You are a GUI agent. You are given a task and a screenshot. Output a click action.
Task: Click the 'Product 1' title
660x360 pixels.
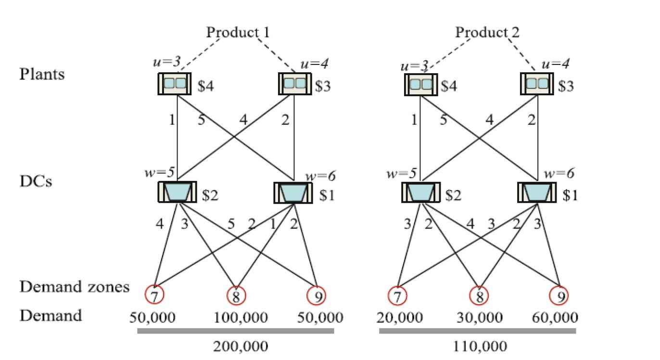click(238, 32)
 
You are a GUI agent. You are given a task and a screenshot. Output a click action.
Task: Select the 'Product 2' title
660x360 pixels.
click(487, 32)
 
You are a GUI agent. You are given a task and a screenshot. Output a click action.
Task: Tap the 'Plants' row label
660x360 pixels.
click(42, 75)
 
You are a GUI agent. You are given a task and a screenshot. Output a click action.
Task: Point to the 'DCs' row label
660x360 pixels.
click(36, 182)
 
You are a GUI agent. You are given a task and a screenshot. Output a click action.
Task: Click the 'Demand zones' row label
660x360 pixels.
click(75, 287)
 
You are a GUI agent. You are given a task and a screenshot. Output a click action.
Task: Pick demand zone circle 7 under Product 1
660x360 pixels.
click(154, 296)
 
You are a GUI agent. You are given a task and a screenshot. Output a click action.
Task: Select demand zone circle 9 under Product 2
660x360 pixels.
click(560, 296)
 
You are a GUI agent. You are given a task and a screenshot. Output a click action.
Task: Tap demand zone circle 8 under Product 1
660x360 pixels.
click(236, 296)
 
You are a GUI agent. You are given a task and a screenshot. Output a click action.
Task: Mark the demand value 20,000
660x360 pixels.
click(399, 318)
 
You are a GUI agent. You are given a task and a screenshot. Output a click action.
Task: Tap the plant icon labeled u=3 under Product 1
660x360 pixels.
click(174, 84)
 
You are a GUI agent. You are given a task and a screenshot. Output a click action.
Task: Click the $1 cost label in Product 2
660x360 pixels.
click(570, 195)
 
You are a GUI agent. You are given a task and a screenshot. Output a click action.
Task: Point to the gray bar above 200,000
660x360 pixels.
click(236, 331)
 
